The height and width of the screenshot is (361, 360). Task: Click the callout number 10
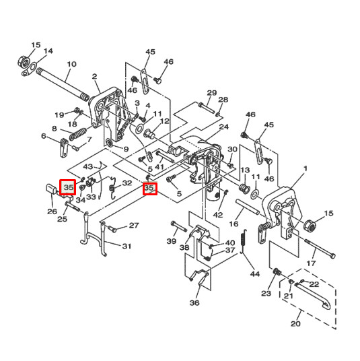71,65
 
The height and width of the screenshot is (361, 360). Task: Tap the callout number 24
224,127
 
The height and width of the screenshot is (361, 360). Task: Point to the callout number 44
254,274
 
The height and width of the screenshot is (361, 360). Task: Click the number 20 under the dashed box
295,324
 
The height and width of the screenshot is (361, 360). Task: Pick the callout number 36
194,303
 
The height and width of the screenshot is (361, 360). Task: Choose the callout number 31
127,247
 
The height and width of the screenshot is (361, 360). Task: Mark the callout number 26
52,211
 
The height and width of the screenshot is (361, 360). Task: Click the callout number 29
212,93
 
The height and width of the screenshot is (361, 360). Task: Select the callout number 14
48,51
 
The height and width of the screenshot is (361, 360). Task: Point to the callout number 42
217,215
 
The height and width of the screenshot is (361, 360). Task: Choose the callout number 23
266,293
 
